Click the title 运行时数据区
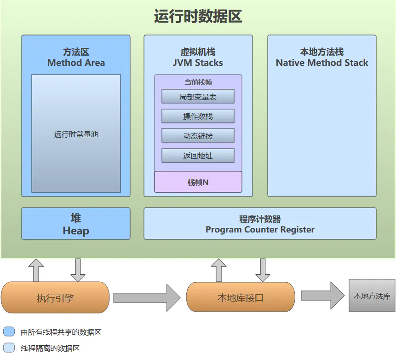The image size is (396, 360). (x=198, y=17)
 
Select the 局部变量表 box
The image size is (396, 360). (x=198, y=97)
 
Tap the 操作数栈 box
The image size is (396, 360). (x=198, y=116)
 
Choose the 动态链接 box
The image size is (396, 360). (x=198, y=136)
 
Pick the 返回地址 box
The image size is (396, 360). (x=198, y=156)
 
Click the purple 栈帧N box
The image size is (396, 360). (x=198, y=182)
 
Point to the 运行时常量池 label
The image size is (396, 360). (x=76, y=134)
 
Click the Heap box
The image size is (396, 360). (x=76, y=224)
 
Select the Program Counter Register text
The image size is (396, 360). (x=260, y=229)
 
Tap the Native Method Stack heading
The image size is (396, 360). (x=322, y=63)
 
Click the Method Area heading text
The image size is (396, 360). (x=76, y=63)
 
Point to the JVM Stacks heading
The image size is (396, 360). (x=198, y=63)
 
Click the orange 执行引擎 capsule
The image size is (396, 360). (x=55, y=298)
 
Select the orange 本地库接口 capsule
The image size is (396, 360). (x=241, y=298)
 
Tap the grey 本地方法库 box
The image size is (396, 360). (x=372, y=296)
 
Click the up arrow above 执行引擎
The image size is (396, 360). (x=36, y=270)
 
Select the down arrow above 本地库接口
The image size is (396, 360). (x=263, y=270)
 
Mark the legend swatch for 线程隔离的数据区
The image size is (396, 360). (x=9, y=348)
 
